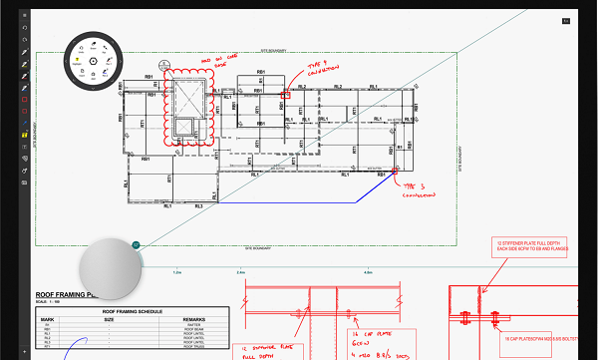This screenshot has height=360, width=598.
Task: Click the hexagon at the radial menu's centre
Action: point(93,61)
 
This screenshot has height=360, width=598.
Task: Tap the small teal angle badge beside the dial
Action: point(136,243)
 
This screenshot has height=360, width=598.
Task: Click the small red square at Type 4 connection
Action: point(285,98)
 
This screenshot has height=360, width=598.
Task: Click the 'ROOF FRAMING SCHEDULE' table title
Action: point(133,312)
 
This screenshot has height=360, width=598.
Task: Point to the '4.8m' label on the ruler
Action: point(368,272)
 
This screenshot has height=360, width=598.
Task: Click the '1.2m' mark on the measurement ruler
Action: point(177,272)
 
